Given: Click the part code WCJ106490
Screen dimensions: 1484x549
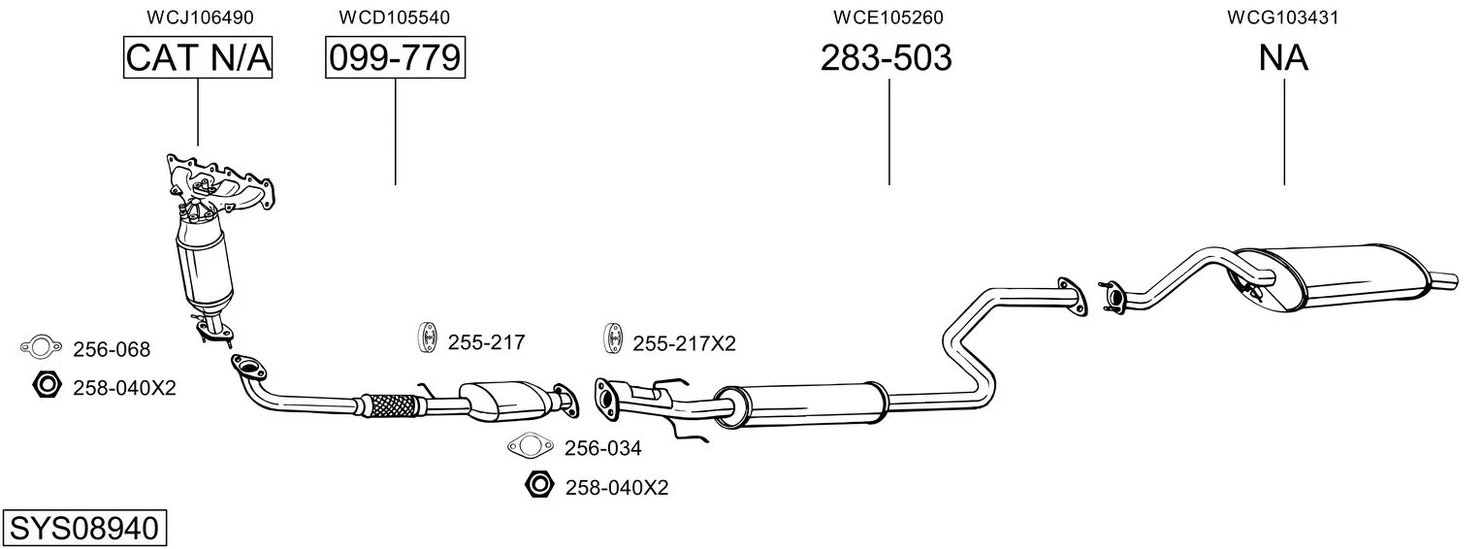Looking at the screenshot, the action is [x=200, y=17].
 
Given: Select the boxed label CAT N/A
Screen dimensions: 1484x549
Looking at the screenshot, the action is [x=198, y=57].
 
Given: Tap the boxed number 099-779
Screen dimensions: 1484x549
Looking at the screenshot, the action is [x=395, y=57].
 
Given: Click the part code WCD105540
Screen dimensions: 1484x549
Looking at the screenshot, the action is [x=394, y=17].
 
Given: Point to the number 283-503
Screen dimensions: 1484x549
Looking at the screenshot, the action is [x=887, y=57].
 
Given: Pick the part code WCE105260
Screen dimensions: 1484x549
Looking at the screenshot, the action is [x=887, y=17].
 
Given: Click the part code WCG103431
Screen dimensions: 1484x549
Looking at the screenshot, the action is [x=1282, y=17].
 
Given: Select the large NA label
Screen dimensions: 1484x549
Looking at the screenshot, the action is [x=1283, y=57].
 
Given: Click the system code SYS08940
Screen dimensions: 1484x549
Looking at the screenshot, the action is [x=84, y=529].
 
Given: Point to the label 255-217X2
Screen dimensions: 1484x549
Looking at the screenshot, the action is [x=684, y=343].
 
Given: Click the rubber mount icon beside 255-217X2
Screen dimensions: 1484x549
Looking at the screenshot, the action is [x=613, y=339].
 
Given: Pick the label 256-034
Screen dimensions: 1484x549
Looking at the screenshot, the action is [x=603, y=448].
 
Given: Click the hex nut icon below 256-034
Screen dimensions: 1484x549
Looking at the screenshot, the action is [x=538, y=485].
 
